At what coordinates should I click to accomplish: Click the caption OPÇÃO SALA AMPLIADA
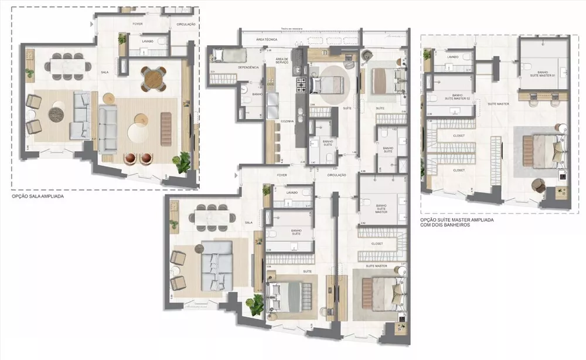coord(38,198)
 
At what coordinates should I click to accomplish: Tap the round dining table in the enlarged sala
coord(154,77)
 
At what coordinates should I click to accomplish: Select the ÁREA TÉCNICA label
coord(266,39)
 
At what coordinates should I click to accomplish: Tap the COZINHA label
coord(287,121)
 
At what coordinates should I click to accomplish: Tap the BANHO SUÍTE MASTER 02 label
coord(451,97)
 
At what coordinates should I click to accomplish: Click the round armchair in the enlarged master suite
coord(537,184)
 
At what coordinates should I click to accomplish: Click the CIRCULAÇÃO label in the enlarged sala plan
coord(185,25)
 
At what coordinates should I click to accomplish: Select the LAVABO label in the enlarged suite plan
coord(452,57)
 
